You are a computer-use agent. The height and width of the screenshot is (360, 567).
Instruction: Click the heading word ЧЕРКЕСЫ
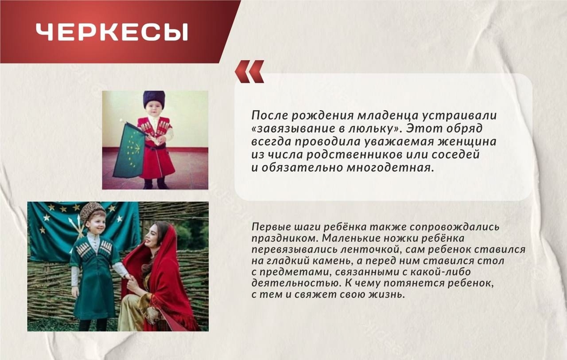(112, 32)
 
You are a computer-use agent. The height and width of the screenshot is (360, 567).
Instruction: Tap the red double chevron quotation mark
(249, 72)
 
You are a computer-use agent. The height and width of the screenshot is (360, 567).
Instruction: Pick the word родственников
(354, 155)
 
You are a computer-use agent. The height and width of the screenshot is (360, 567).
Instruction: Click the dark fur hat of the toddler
(154, 99)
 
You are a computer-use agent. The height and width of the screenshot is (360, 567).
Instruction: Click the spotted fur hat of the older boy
(92, 212)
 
